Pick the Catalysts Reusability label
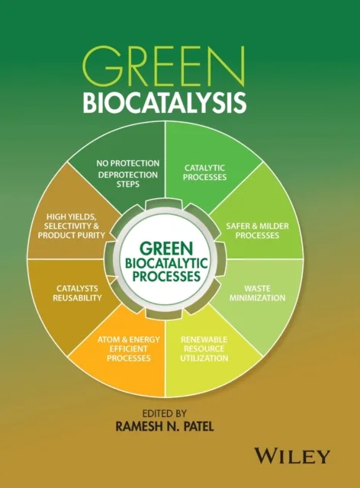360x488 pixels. pos(79,294)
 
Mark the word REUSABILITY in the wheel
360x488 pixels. pos(79,299)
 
